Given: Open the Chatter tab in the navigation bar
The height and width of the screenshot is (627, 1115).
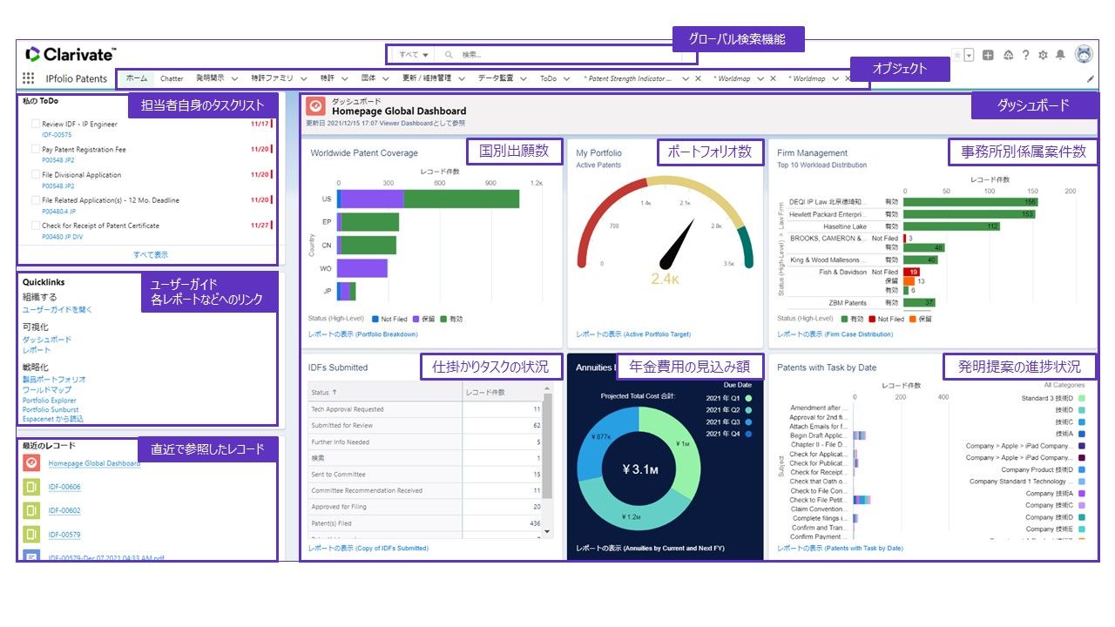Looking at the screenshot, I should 172,78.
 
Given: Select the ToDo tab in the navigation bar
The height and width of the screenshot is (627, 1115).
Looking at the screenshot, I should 548,78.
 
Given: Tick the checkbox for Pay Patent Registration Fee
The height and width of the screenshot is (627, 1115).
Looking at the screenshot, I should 36,150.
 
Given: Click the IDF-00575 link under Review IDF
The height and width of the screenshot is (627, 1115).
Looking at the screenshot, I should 57,135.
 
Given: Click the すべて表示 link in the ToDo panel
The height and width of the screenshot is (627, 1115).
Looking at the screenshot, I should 151,254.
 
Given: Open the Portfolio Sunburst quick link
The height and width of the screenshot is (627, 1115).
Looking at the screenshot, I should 51,409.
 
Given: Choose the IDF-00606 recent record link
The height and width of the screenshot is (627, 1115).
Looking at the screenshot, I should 64,487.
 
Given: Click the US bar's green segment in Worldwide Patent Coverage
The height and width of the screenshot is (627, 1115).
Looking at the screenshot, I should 462,199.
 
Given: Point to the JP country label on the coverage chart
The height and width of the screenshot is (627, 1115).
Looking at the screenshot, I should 327,291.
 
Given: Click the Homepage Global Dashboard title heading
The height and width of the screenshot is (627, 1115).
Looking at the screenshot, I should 399,111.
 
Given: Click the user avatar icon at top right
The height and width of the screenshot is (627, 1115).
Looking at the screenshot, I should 1084,55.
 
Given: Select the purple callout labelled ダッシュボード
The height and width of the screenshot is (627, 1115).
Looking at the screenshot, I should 1033,106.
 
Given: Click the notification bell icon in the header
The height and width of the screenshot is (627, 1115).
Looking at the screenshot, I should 1060,55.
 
